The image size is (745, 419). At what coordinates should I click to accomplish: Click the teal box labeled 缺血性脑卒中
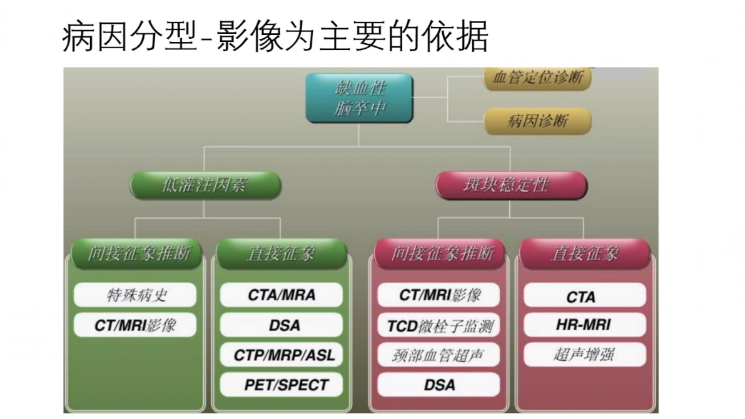click(x=359, y=98)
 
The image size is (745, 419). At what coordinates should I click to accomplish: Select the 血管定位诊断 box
click(x=537, y=78)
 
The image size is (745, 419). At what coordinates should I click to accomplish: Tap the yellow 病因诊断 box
click(x=537, y=121)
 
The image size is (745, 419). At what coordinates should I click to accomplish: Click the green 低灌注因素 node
click(x=205, y=185)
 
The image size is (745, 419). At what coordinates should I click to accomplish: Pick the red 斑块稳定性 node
click(x=510, y=185)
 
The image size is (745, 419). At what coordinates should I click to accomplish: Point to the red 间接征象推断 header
click(x=442, y=254)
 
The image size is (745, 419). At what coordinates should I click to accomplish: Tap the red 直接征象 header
click(x=584, y=254)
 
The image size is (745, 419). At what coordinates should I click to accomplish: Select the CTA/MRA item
click(x=281, y=295)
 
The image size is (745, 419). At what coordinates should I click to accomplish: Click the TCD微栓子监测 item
click(x=439, y=325)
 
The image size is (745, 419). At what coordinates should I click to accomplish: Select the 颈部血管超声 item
click(x=439, y=355)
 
